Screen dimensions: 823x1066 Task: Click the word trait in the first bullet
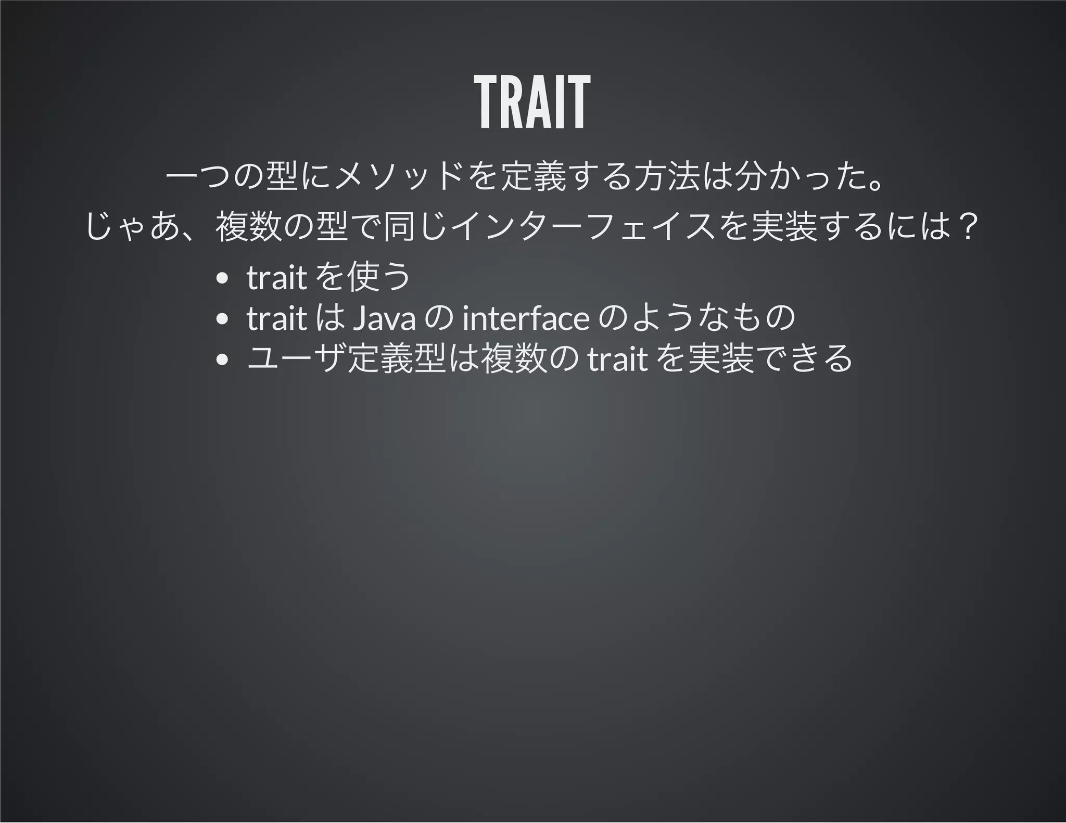pos(276,277)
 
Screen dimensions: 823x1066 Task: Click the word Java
pos(384,318)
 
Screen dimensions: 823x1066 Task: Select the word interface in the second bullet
pos(525,318)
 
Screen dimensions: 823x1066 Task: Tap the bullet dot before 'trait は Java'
pos(222,319)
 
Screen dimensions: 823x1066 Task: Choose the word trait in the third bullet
pos(617,359)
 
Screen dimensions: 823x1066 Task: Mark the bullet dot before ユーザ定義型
pos(222,359)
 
